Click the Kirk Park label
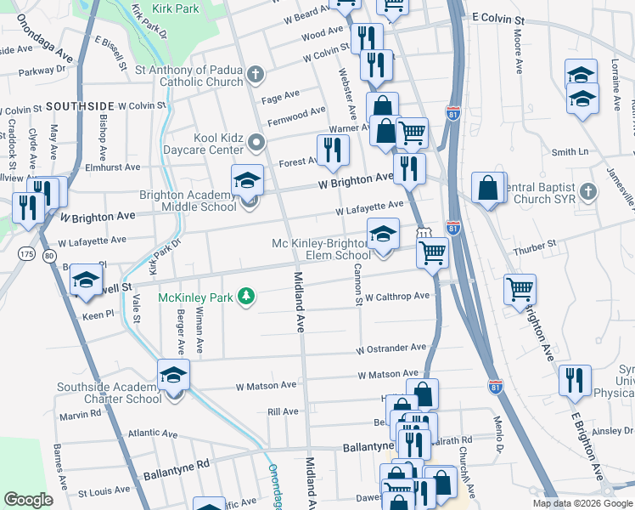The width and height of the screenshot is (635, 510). tap(176, 8)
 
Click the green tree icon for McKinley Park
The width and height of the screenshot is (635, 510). tap(246, 295)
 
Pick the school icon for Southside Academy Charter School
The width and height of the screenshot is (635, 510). tap(173, 375)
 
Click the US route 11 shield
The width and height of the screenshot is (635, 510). tap(423, 232)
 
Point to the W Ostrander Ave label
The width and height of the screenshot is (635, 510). tap(391, 348)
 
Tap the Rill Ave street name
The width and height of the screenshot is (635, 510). tap(283, 411)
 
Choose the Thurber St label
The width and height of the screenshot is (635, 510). tap(539, 244)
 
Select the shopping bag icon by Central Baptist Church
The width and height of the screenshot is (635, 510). tap(490, 189)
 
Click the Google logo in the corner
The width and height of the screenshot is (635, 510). tap(29, 499)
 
